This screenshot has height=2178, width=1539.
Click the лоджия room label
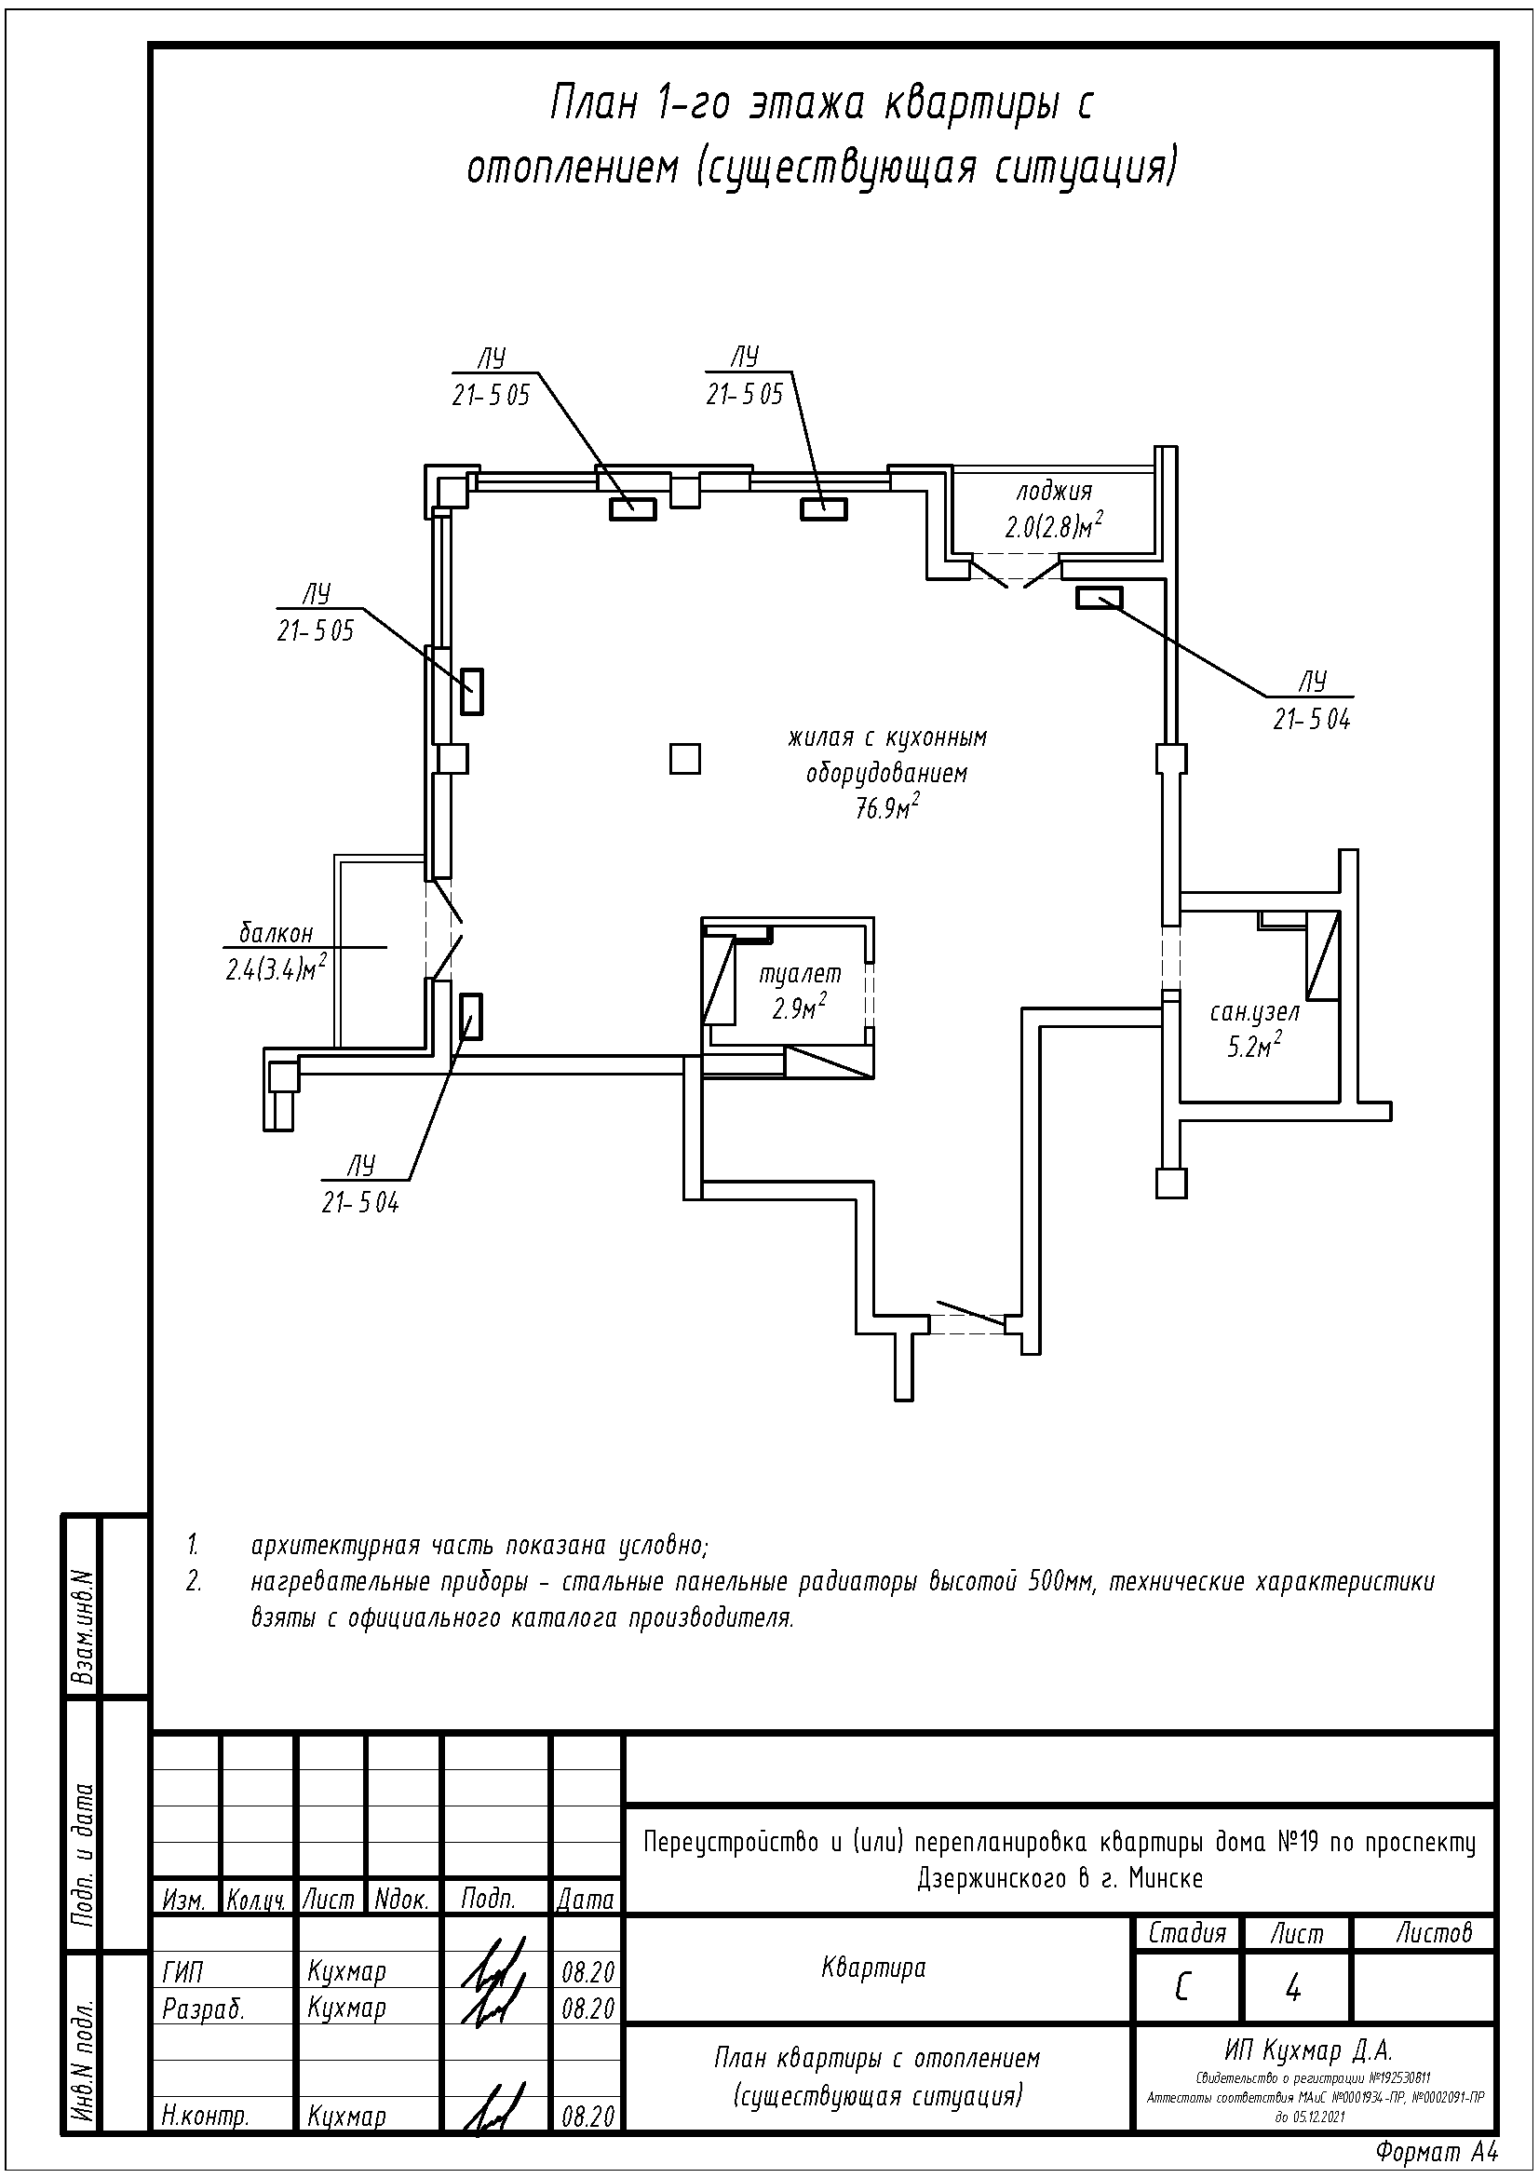tap(1054, 493)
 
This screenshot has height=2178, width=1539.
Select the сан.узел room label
tap(1253, 1012)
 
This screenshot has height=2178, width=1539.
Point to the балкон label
tap(275, 933)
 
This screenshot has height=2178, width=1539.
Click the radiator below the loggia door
tap(1099, 598)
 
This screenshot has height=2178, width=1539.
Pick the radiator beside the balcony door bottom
tap(470, 1016)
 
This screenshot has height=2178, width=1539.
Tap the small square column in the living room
tap(684, 758)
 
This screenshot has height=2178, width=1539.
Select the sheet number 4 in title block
tap(1292, 1989)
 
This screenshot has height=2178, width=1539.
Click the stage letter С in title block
tap(1181, 1987)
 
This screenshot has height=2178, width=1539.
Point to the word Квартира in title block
tap(872, 1968)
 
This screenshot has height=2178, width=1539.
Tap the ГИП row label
tap(183, 1971)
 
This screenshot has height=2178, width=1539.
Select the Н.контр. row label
tap(205, 2117)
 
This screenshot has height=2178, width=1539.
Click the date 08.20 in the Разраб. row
tap(587, 2009)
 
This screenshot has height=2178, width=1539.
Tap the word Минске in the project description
tap(1166, 1878)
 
